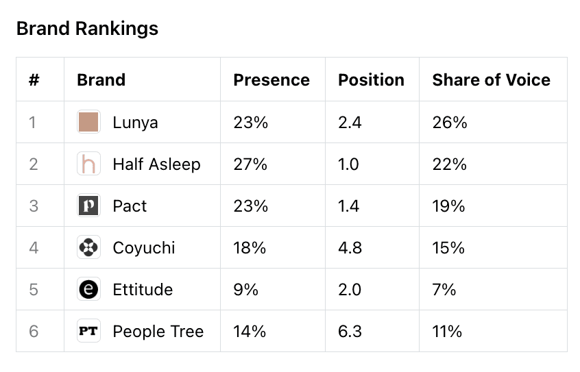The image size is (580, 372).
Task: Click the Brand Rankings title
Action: coord(87,29)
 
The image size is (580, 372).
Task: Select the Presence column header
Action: coord(271,80)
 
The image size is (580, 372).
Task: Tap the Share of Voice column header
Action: coord(492,80)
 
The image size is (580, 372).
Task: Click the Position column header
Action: coord(371,80)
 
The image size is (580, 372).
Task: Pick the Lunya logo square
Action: coord(88,122)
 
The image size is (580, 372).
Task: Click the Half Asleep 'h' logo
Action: coord(88,164)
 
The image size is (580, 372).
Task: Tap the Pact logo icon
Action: coord(88,206)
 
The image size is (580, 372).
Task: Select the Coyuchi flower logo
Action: coord(88,247)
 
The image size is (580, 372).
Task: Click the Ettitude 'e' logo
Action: coord(88,289)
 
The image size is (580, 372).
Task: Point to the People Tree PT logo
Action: coord(88,331)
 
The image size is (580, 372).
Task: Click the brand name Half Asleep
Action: coord(156,164)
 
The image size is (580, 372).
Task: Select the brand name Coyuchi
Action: coord(144,248)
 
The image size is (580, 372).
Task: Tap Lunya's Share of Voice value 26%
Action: coord(450,123)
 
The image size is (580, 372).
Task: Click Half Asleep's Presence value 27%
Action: coord(250,164)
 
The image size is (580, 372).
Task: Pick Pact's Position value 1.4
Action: coord(348,206)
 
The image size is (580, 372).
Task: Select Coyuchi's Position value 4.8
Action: coord(350,248)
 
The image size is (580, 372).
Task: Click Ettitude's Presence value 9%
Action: coord(245,290)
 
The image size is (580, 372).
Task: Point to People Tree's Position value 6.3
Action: coord(350,332)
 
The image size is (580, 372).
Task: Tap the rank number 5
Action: coord(34,290)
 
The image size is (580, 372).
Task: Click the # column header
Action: coord(34,80)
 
